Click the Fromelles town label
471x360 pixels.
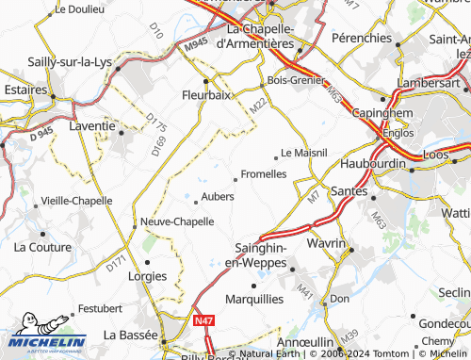coord(264,174)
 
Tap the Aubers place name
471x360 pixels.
coord(218,196)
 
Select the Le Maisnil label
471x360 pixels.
coord(304,152)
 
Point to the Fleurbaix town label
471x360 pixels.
coord(206,95)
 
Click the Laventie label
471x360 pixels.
coord(92,124)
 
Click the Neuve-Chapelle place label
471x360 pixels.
coord(177,221)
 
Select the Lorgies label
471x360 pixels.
coord(146,276)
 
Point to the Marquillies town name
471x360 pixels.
coord(254,299)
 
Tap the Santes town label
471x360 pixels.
coord(349,191)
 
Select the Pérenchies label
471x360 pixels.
coord(363,38)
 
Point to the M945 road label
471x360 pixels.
coord(196,44)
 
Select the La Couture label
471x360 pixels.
coord(43,247)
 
